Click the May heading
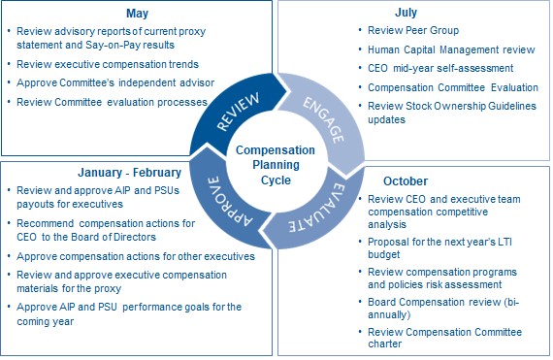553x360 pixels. [x=138, y=14]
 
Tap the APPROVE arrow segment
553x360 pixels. [x=225, y=200]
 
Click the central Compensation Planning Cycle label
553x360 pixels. [x=277, y=159]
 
